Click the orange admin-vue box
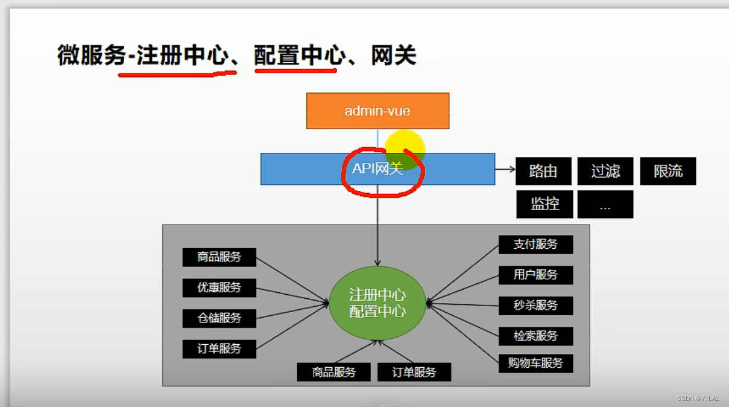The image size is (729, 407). pyautogui.click(x=377, y=111)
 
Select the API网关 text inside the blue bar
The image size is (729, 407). pyautogui.click(x=377, y=168)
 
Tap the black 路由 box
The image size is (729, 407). pyautogui.click(x=543, y=171)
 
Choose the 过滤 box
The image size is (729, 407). pyautogui.click(x=605, y=171)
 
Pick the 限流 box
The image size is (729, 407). pyautogui.click(x=667, y=171)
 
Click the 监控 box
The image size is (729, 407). pyautogui.click(x=544, y=204)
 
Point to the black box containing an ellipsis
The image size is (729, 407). pyautogui.click(x=605, y=204)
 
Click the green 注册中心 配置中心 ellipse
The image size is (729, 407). pyautogui.click(x=377, y=303)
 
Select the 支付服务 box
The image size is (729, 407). pyautogui.click(x=535, y=245)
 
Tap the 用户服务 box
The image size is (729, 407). pyautogui.click(x=535, y=275)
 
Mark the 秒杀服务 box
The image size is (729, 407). pyautogui.click(x=535, y=306)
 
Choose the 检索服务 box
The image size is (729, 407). pyautogui.click(x=535, y=336)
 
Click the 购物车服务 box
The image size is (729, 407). pyautogui.click(x=535, y=363)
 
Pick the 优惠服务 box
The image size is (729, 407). pyautogui.click(x=219, y=287)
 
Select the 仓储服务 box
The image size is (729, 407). pyautogui.click(x=219, y=318)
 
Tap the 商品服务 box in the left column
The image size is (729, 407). pyautogui.click(x=219, y=257)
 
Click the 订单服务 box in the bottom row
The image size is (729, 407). pyautogui.click(x=414, y=372)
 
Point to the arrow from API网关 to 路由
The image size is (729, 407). pyautogui.click(x=505, y=170)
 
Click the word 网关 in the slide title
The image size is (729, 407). pyautogui.click(x=394, y=56)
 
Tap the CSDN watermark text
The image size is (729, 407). pyautogui.click(x=698, y=399)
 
